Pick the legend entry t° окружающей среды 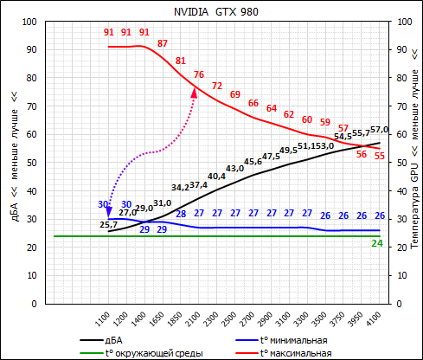tap(155, 352)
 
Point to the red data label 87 tap(163, 43)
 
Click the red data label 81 tap(181, 61)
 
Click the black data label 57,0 tap(380, 130)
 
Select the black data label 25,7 tap(109, 225)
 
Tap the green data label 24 tap(377, 243)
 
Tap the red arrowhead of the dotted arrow tap(194, 92)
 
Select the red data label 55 tap(380, 155)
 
